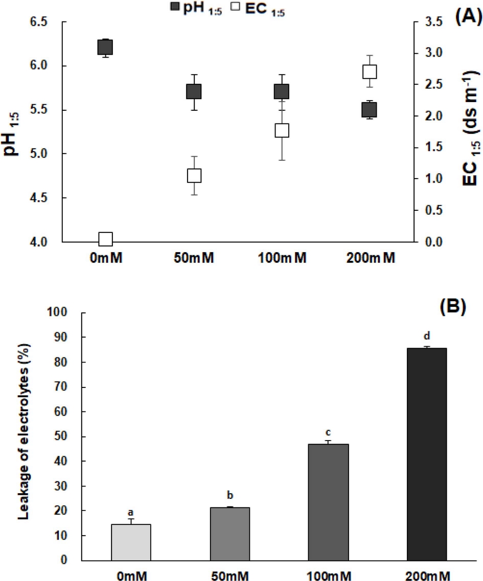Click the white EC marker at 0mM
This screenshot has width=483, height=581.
[105, 239]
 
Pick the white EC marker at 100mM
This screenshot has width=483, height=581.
[282, 130]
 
